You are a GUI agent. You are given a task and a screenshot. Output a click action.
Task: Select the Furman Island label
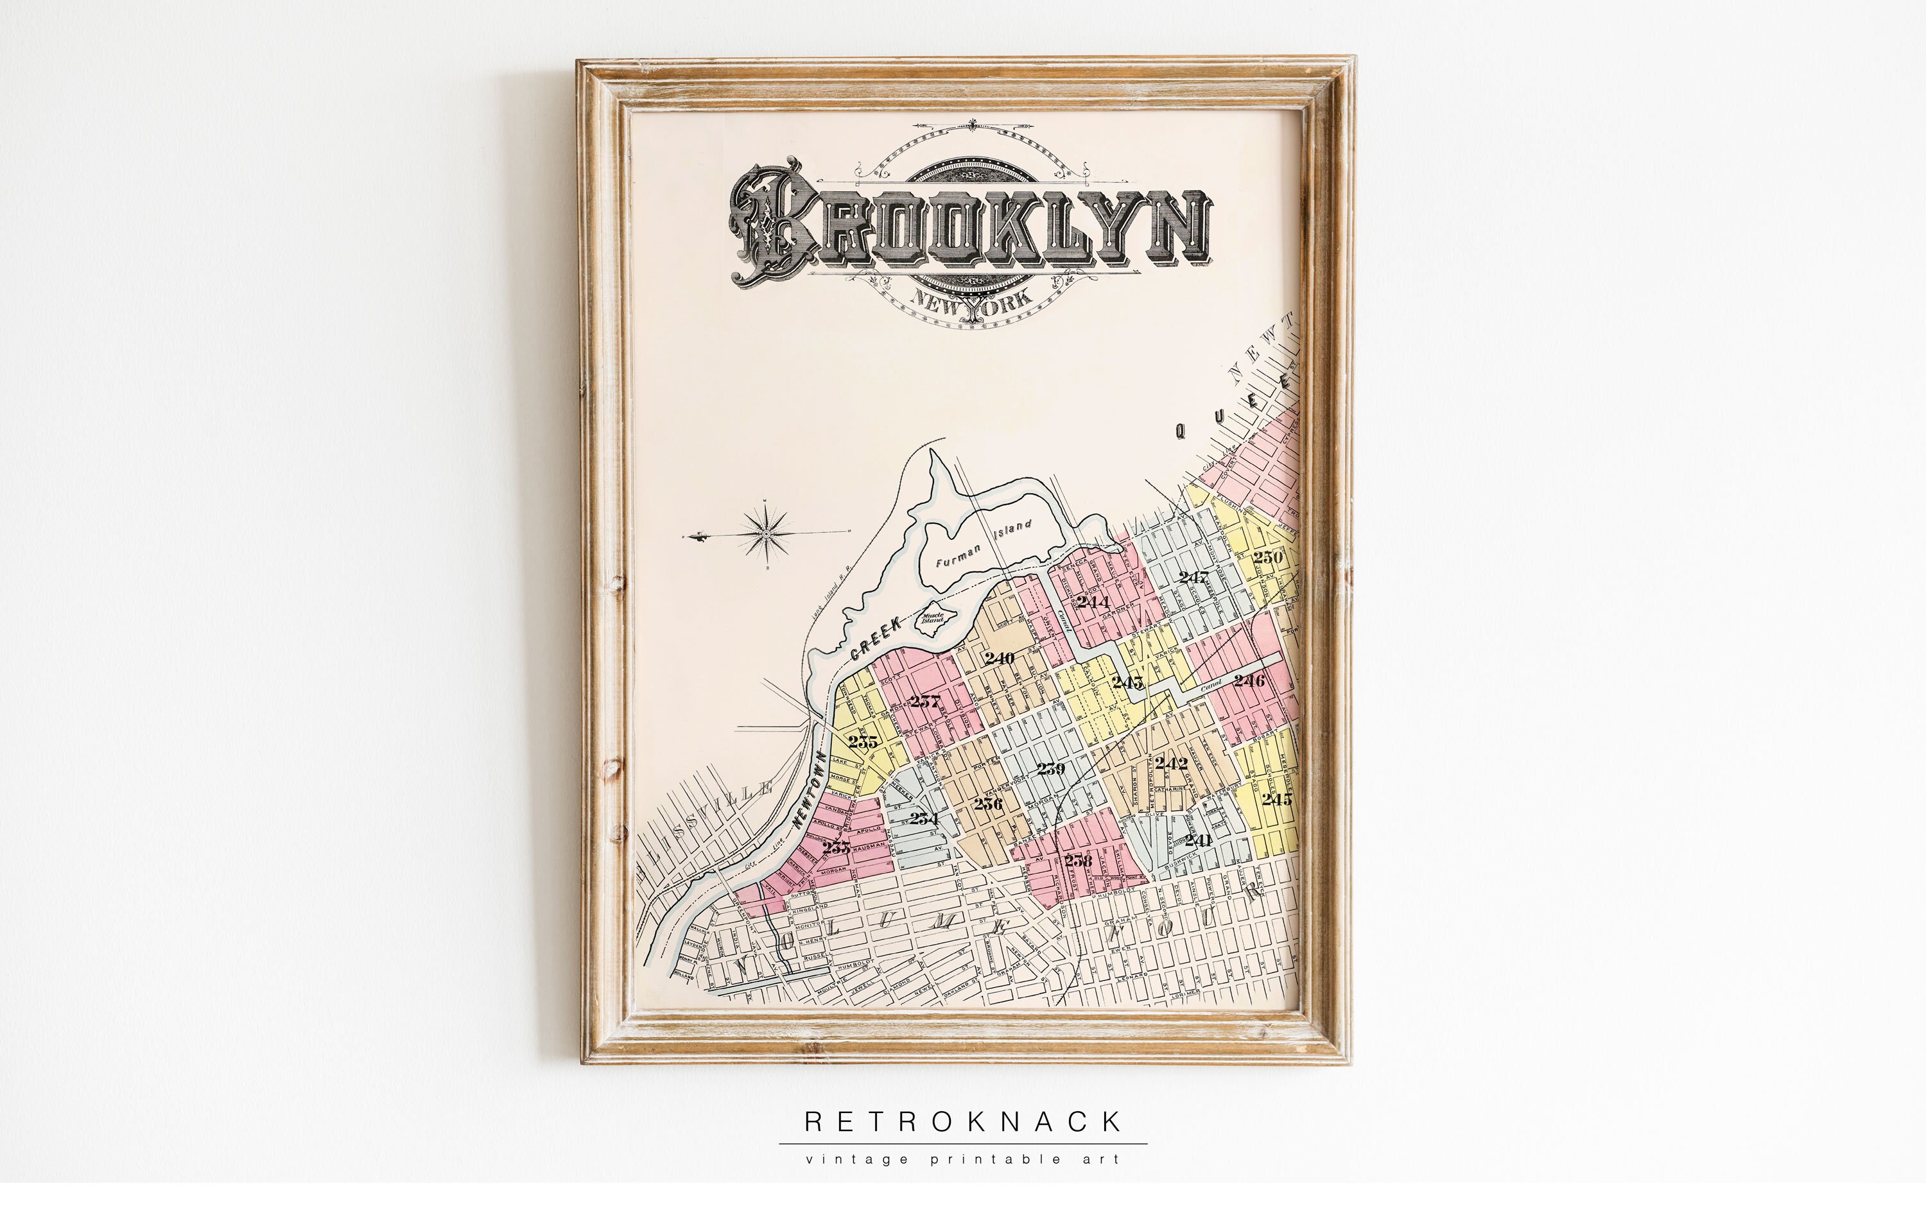pyautogui.click(x=983, y=546)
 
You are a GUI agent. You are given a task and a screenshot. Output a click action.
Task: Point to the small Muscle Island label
pyautogui.click(x=933, y=617)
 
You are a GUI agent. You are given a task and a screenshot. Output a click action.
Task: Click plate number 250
pyautogui.click(x=1267, y=557)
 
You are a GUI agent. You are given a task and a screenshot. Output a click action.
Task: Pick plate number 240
pyautogui.click(x=999, y=659)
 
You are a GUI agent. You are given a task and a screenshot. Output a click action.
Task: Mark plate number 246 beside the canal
pyautogui.click(x=1248, y=680)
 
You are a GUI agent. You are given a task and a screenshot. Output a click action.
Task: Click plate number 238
pyautogui.click(x=1077, y=861)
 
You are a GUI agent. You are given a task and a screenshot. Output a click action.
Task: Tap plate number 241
pyautogui.click(x=1198, y=840)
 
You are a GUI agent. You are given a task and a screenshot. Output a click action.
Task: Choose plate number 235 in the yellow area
pyautogui.click(x=862, y=741)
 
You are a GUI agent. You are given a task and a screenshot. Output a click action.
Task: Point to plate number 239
pyautogui.click(x=1050, y=770)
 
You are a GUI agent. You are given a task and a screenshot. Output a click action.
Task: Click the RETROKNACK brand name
pyautogui.click(x=963, y=1122)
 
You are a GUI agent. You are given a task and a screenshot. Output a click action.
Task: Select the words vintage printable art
pyautogui.click(x=963, y=1159)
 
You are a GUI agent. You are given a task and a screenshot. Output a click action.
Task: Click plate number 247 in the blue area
pyautogui.click(x=1193, y=577)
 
